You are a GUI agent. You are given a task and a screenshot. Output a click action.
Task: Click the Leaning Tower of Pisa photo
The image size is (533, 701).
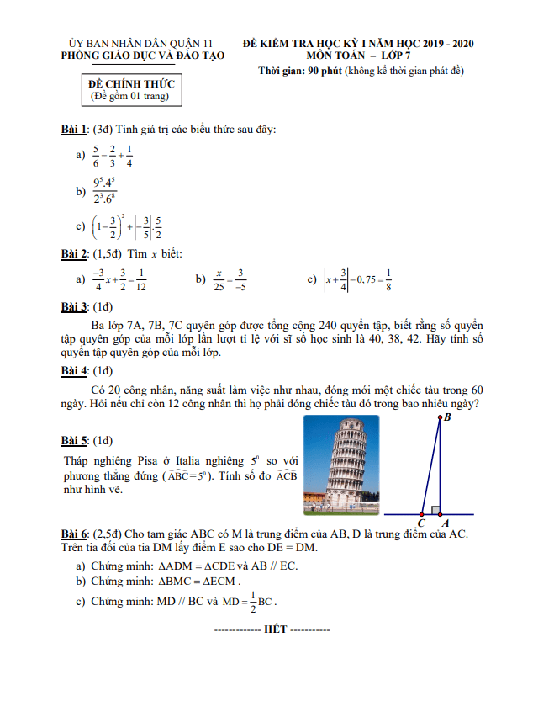340,467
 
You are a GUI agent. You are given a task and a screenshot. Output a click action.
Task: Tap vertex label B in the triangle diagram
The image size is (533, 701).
446,417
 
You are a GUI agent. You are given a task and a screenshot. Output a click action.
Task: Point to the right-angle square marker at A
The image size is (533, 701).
435,510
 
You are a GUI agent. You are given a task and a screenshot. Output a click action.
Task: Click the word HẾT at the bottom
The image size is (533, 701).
275,629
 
